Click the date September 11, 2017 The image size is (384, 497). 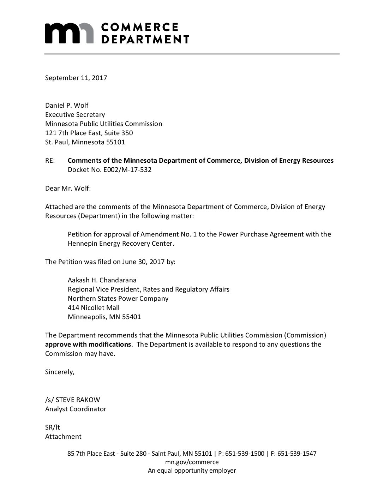point(76,78)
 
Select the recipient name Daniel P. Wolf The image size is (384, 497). point(67,105)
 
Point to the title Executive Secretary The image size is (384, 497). point(75,114)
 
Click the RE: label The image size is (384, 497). point(50,161)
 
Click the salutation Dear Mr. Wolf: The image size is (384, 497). point(68,188)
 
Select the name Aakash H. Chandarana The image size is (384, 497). point(102,280)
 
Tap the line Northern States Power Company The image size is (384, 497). point(118,299)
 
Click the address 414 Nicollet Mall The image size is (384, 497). point(94,308)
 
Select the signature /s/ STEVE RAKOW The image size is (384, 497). point(72,400)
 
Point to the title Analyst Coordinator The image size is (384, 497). point(76,409)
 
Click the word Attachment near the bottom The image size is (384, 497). point(63,436)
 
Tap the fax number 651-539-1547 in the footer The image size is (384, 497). point(297,454)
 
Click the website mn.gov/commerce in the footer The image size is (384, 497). point(192,462)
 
